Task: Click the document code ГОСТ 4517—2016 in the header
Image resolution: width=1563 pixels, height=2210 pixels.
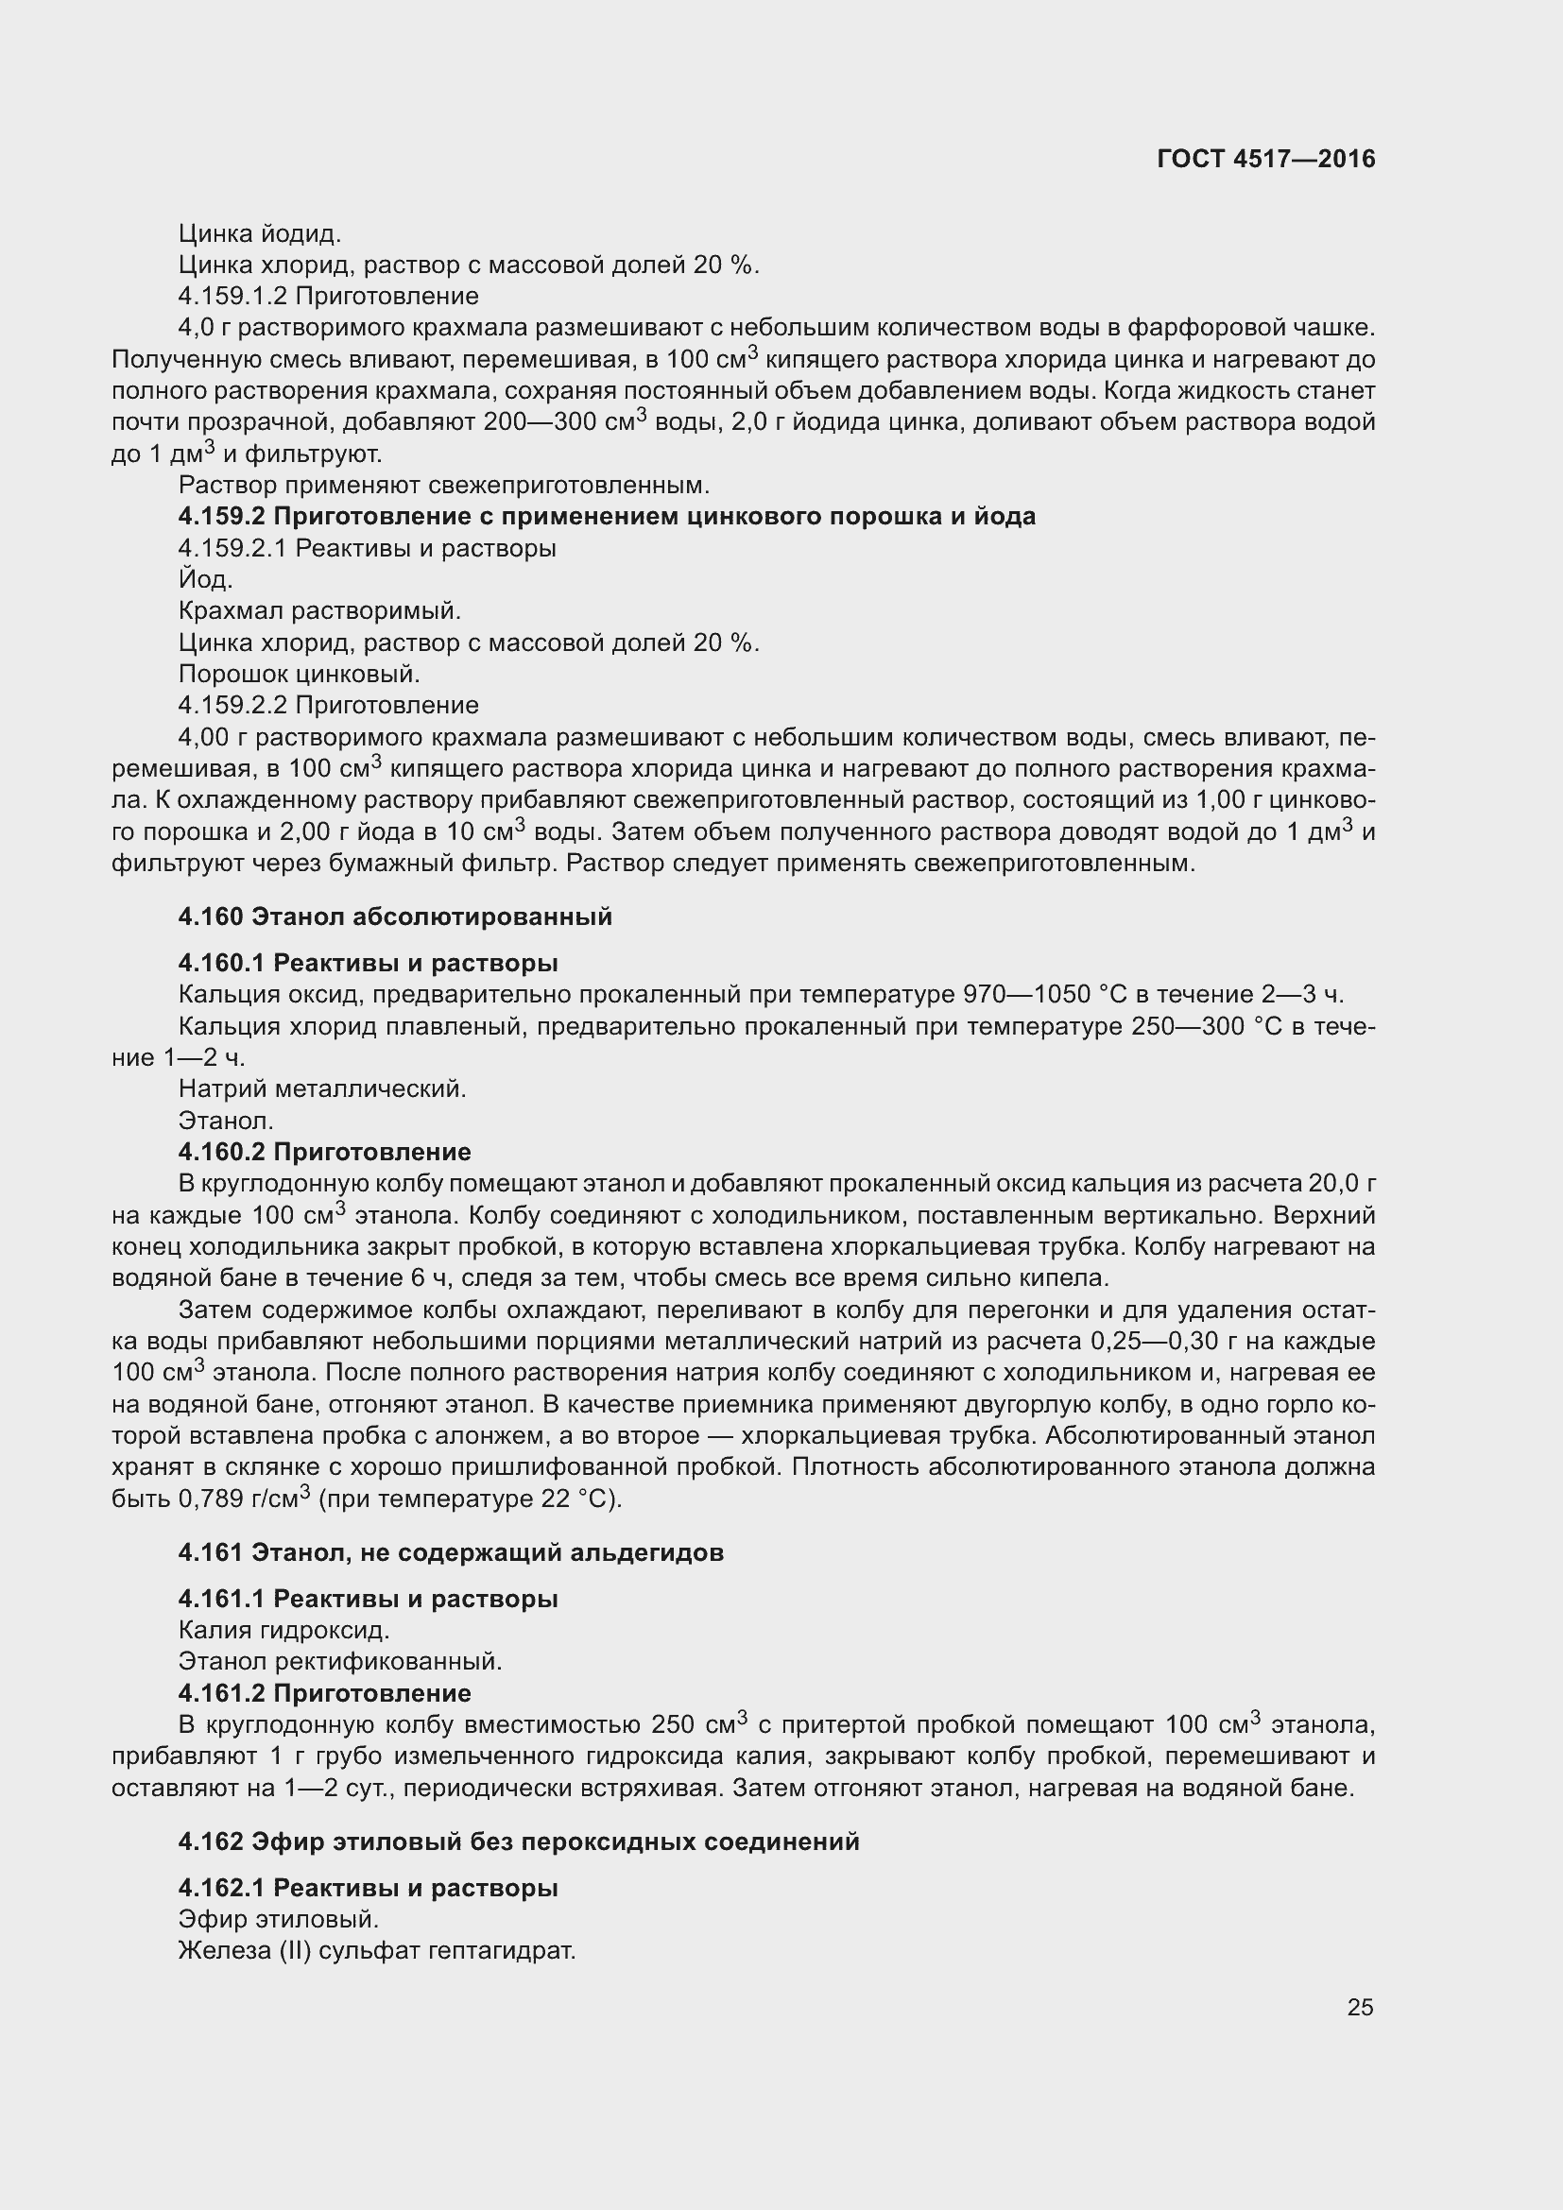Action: coord(1265,159)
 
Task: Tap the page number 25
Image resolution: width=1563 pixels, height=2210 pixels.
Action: coord(1360,2007)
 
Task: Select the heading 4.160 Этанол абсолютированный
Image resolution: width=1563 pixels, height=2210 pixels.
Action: coord(395,917)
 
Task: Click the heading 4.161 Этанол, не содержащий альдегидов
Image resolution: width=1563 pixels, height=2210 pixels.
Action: coord(451,1552)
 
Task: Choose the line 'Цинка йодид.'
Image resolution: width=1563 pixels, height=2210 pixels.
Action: coord(260,233)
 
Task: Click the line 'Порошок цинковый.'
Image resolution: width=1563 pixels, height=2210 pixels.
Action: coord(300,674)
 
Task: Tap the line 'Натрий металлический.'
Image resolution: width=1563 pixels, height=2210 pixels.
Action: coord(322,1089)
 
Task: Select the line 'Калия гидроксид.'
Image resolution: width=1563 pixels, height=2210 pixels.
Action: coord(283,1631)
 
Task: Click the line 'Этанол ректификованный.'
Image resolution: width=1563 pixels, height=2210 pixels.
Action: coord(341,1661)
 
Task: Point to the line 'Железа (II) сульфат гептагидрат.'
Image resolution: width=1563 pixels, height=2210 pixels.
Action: coord(377,1951)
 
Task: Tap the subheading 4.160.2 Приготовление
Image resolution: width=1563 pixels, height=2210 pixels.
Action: coord(324,1152)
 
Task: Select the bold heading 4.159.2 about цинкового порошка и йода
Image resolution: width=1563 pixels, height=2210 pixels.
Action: coord(607,517)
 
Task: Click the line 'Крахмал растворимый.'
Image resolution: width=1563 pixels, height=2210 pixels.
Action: coord(319,611)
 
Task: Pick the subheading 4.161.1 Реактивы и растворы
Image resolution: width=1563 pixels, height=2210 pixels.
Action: coord(368,1599)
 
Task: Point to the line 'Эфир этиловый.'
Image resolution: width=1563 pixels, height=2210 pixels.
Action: coord(278,1919)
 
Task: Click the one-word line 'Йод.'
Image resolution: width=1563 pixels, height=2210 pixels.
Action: coord(205,579)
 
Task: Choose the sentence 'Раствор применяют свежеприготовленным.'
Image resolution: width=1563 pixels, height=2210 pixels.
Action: coord(444,485)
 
